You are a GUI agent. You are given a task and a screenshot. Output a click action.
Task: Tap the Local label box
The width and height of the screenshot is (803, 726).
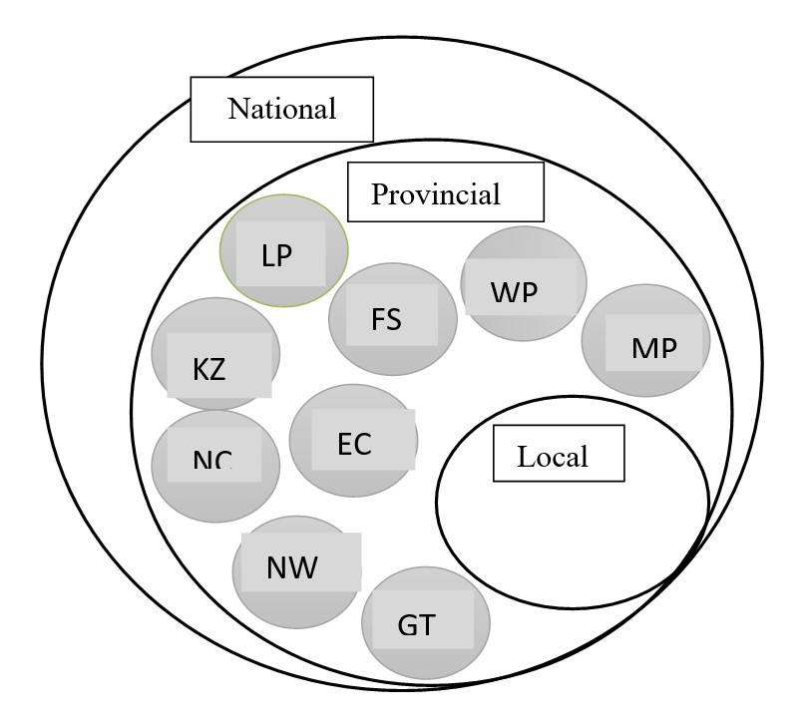pyautogui.click(x=558, y=456)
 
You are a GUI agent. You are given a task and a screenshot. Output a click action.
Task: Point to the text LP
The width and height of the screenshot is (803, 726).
pyautogui.click(x=276, y=255)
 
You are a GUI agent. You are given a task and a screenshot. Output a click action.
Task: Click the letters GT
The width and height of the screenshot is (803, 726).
pyautogui.click(x=416, y=627)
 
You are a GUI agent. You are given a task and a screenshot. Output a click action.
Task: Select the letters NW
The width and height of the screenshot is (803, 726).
pyautogui.click(x=292, y=568)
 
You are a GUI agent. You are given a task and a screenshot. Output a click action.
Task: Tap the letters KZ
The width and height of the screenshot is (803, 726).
pyautogui.click(x=209, y=370)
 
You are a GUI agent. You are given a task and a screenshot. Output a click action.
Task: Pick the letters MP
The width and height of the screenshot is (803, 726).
pyautogui.click(x=654, y=348)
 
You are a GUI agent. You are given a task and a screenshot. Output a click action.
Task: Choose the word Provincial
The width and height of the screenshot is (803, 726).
pyautogui.click(x=436, y=192)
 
